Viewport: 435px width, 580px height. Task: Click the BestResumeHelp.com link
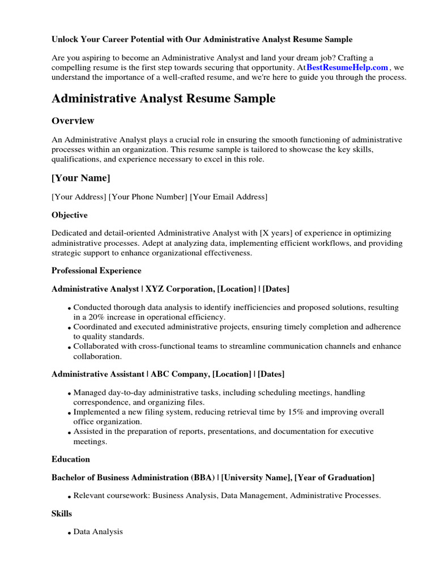click(347, 67)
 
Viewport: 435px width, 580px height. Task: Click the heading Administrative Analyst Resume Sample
click(163, 99)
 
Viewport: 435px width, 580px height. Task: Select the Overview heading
click(72, 121)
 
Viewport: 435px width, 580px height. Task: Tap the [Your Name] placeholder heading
click(80, 178)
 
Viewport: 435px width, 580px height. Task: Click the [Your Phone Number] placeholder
click(148, 197)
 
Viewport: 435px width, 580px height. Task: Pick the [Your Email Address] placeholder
click(229, 197)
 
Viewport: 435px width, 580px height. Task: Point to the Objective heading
click(69, 215)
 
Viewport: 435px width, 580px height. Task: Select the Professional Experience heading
click(96, 271)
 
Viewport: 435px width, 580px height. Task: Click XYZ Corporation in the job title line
click(180, 289)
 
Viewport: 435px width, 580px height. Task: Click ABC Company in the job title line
click(177, 374)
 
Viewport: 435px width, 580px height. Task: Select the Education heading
click(70, 459)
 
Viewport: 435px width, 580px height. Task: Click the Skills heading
click(62, 513)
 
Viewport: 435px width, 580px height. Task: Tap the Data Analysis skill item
click(98, 532)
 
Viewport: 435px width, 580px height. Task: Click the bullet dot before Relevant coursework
click(69, 497)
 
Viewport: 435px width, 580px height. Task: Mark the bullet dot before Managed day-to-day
click(69, 394)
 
